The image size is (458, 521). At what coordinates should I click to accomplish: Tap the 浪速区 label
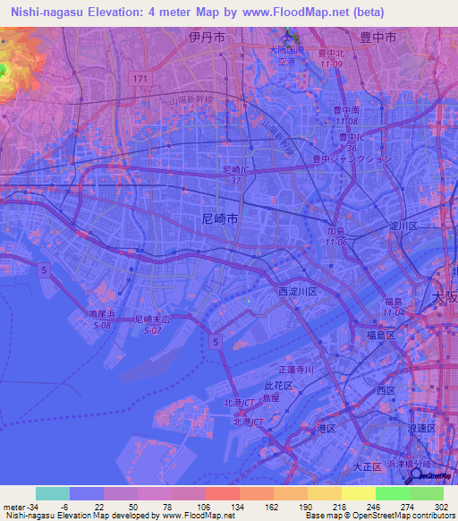click(420, 429)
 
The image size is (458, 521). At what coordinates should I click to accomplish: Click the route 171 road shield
click(139, 81)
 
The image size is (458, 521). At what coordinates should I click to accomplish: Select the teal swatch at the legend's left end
click(53, 493)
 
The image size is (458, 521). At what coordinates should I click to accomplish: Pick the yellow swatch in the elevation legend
click(359, 493)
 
